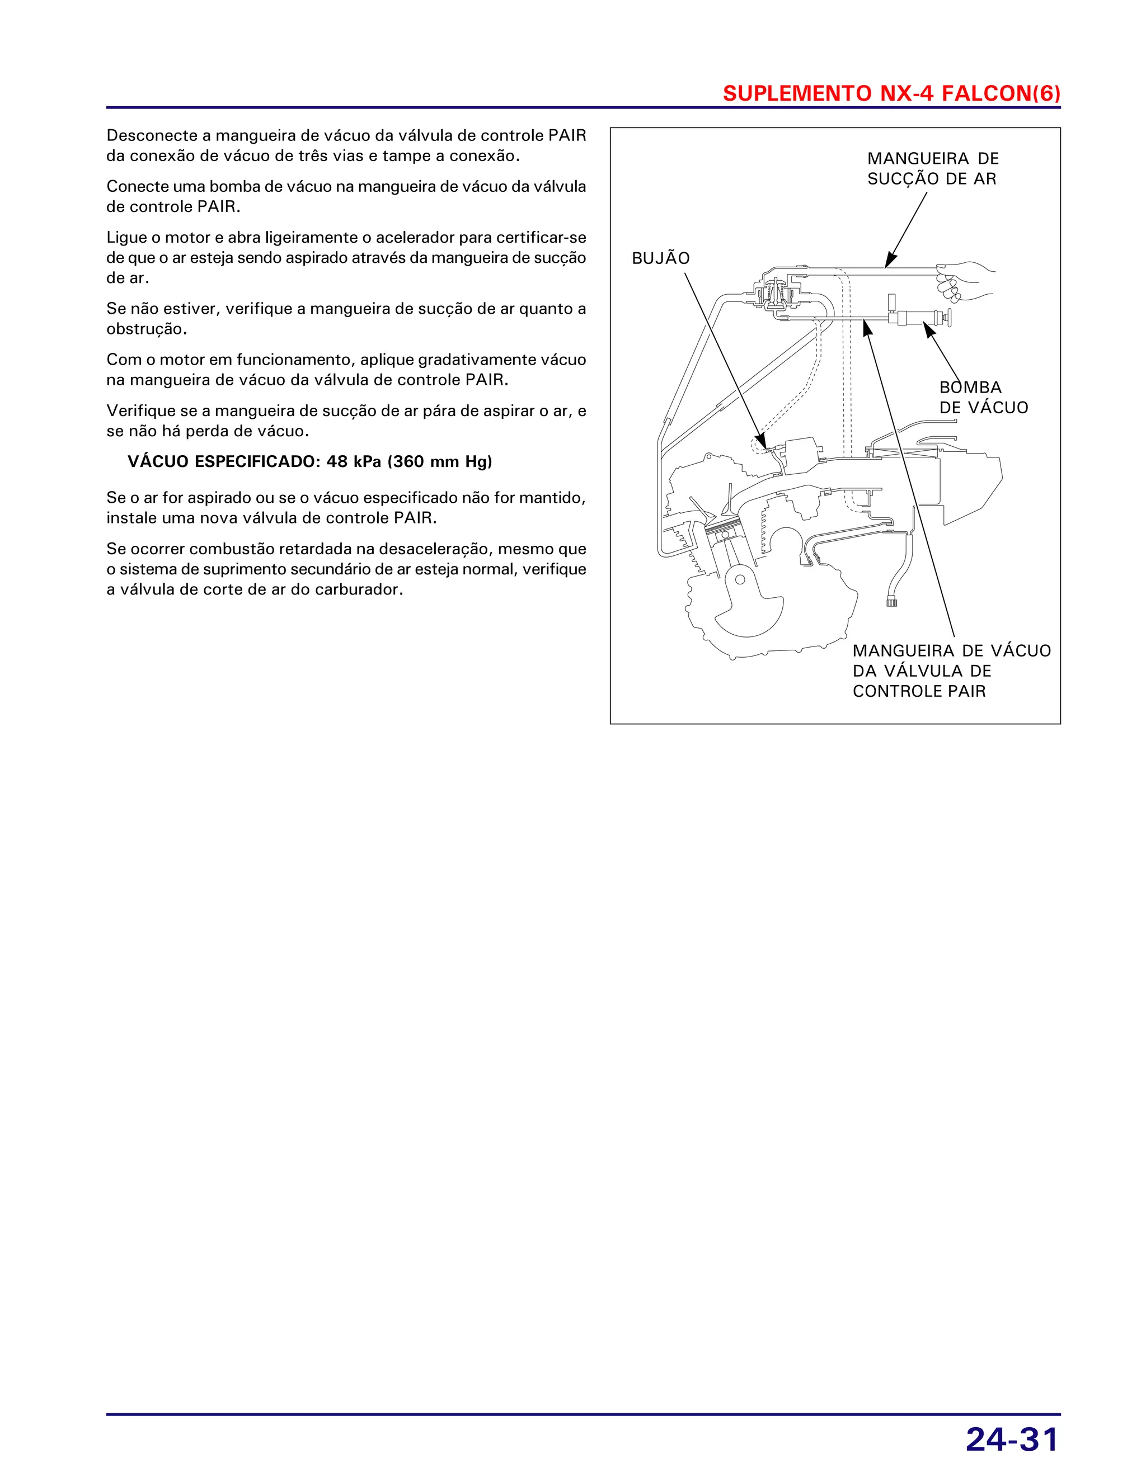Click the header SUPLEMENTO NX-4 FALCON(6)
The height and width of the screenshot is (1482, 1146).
point(891,93)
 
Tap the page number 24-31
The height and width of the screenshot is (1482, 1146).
point(1012,1440)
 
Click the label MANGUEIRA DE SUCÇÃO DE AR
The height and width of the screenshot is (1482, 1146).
point(932,169)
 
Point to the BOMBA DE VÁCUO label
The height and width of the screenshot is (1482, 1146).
point(983,398)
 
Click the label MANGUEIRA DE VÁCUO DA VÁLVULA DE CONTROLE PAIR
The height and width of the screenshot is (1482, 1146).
point(951,671)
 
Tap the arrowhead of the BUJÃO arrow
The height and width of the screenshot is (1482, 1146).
point(763,442)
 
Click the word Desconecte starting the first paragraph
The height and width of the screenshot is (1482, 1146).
point(152,136)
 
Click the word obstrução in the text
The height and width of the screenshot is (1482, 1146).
point(145,330)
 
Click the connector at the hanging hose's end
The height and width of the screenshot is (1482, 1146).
point(891,601)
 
